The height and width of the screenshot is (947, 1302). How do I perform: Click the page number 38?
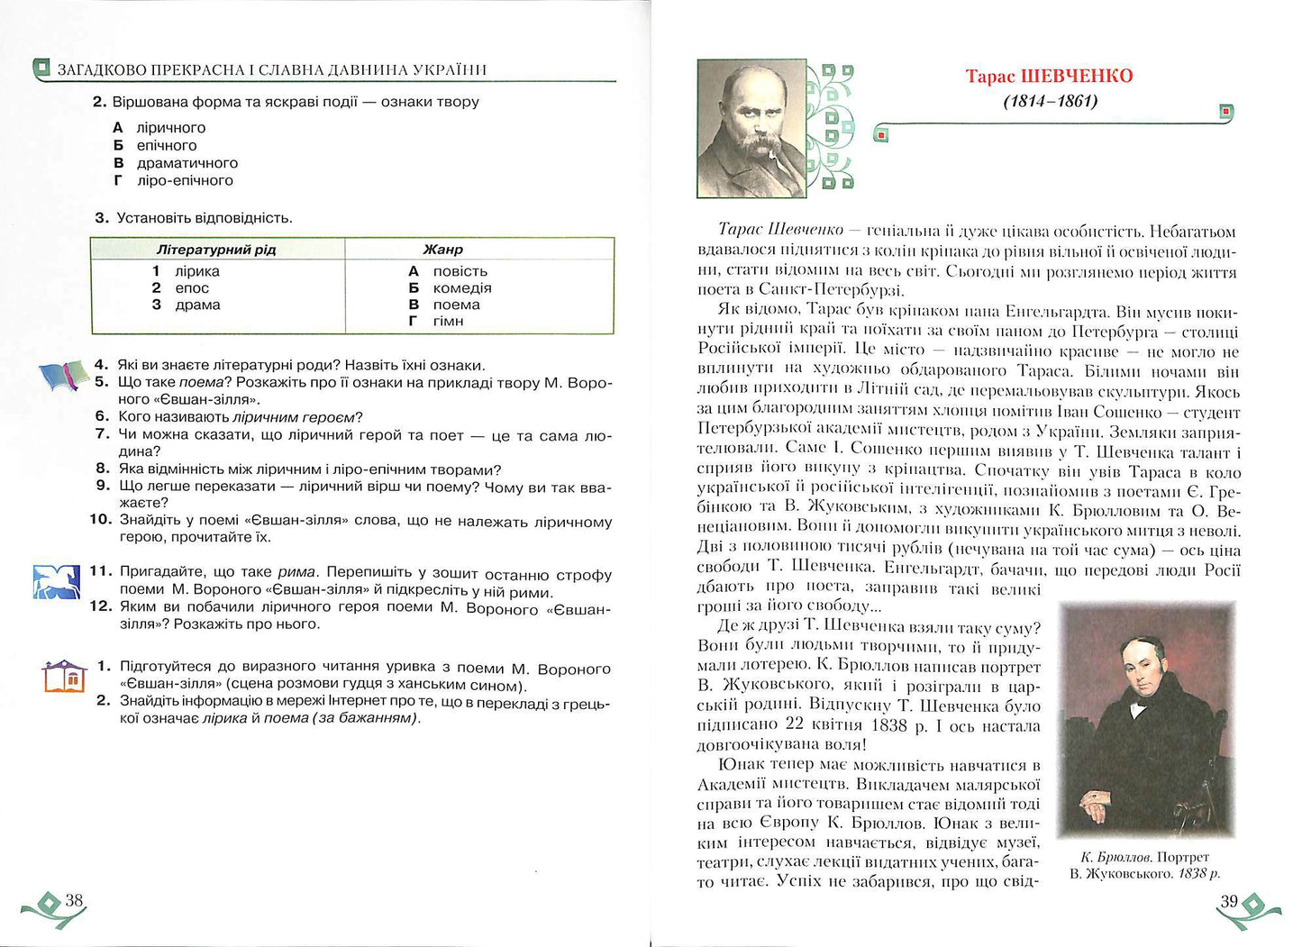click(74, 900)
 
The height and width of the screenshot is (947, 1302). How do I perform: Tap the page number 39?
click(1229, 900)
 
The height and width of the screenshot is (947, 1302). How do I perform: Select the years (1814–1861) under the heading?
click(1051, 101)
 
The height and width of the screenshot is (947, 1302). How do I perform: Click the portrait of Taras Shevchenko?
click(751, 129)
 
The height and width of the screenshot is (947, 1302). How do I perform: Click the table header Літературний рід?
click(216, 249)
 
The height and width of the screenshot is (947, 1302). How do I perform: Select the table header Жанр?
click(442, 249)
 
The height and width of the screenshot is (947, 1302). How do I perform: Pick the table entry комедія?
click(462, 287)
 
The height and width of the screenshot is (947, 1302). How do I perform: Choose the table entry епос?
click(192, 287)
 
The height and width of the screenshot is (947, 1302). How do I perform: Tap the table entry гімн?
click(448, 321)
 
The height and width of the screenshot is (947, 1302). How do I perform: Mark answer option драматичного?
click(187, 163)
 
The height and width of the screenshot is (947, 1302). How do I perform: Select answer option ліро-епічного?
click(185, 180)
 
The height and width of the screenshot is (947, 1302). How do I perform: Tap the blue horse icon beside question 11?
click(56, 582)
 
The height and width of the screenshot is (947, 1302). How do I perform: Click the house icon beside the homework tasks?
click(64, 675)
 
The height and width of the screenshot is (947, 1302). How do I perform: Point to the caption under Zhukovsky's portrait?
click(1145, 865)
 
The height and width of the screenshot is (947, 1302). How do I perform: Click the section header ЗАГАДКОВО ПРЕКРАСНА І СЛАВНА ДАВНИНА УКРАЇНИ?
click(271, 69)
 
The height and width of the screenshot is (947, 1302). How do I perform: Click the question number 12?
click(101, 606)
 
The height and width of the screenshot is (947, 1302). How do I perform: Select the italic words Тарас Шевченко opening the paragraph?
click(780, 230)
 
